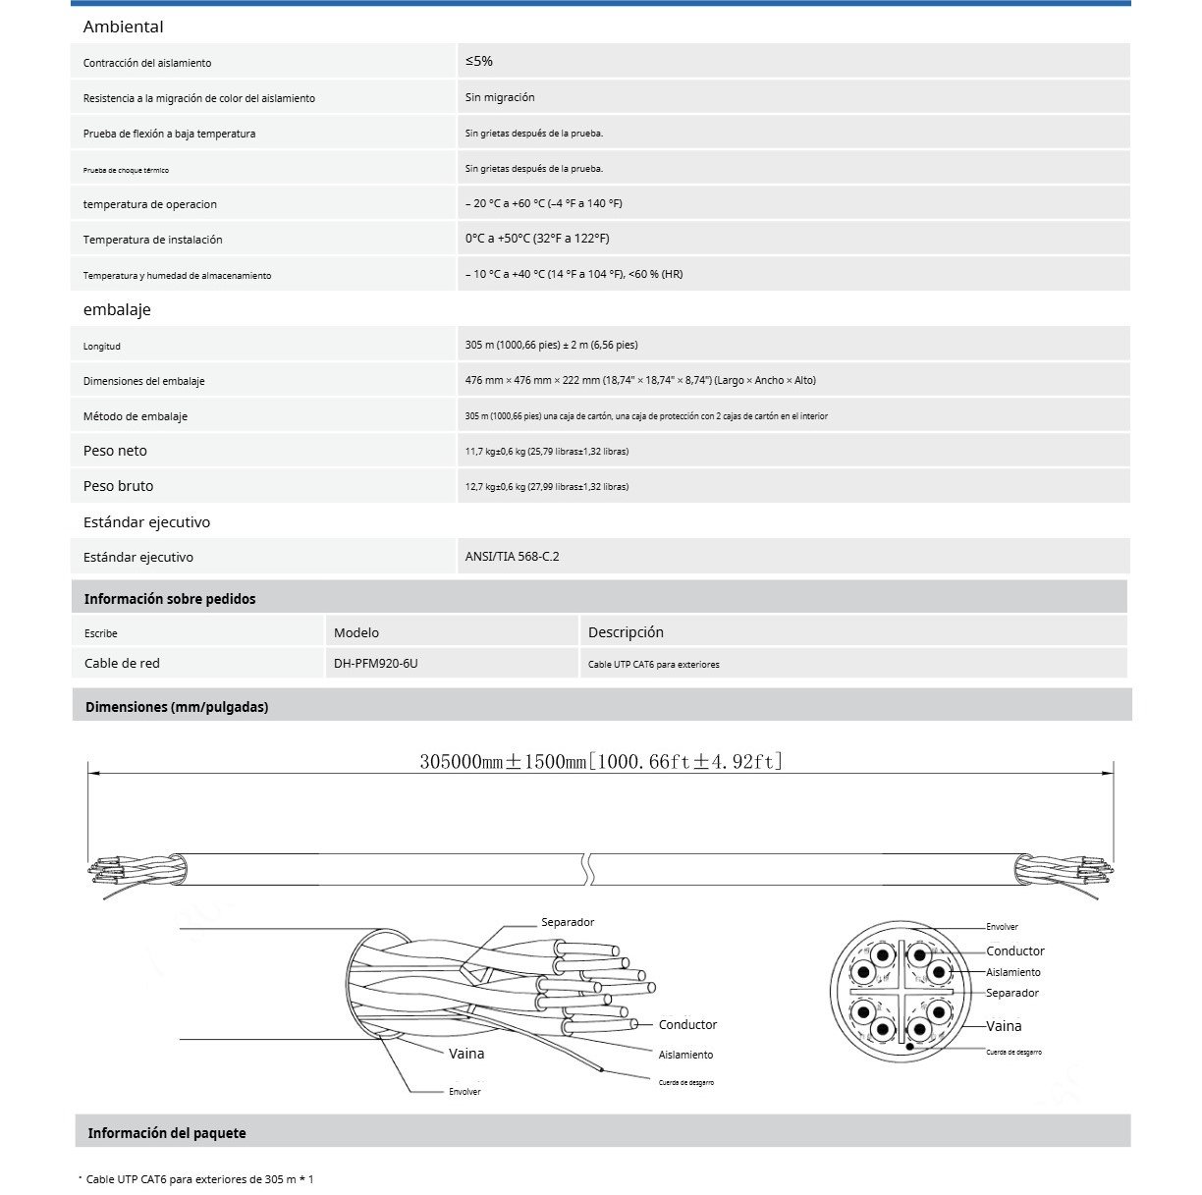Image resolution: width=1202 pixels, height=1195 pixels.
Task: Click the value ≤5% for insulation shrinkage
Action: pos(479,61)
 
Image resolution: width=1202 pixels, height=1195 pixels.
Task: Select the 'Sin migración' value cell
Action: pos(500,97)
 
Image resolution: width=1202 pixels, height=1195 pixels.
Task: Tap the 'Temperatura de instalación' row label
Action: pos(152,240)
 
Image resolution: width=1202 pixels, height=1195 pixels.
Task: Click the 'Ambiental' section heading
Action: pos(123,27)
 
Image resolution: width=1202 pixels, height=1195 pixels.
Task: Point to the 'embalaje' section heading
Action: pos(117,309)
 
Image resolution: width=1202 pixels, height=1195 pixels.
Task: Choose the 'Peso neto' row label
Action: pos(115,451)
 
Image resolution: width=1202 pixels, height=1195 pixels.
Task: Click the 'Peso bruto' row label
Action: pos(118,486)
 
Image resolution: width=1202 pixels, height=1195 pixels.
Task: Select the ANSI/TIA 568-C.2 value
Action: pos(512,557)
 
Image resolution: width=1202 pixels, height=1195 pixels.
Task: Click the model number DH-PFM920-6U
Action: pos(375,663)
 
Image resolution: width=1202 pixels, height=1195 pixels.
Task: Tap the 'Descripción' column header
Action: pos(626,632)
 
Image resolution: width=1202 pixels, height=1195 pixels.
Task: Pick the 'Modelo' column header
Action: pos(355,632)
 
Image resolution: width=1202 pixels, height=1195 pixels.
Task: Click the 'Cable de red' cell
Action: pos(122,663)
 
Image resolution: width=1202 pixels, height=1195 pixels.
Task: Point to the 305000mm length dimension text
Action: pos(601,761)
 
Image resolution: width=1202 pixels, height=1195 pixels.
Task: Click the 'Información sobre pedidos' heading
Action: pos(169,599)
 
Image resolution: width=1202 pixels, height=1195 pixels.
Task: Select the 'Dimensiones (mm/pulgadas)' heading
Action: pos(177,707)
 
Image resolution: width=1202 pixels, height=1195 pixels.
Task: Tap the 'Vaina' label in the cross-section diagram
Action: pos(1004,1026)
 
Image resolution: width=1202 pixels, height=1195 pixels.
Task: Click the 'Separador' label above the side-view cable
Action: pos(568,922)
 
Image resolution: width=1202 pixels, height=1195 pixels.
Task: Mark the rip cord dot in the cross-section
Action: pos(910,1047)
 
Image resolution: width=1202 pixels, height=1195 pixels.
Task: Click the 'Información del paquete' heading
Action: pos(167,1133)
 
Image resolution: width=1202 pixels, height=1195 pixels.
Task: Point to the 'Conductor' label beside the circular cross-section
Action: pos(1015,951)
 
